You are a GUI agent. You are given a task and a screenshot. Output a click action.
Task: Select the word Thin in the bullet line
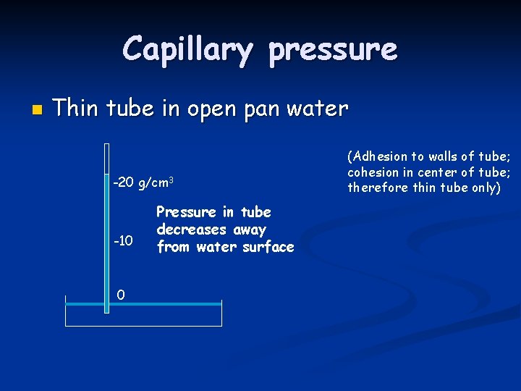tap(77, 109)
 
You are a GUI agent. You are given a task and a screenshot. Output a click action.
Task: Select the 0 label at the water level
tap(121, 294)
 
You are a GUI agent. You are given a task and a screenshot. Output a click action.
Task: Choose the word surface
tap(269, 247)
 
